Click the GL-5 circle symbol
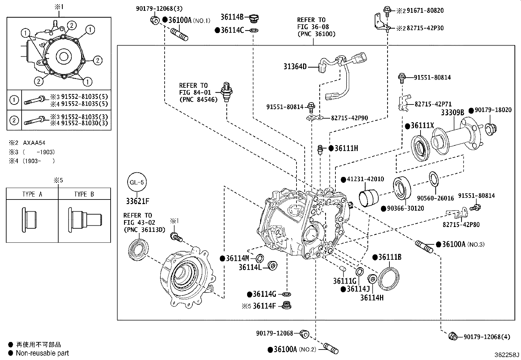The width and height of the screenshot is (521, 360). pyautogui.click(x=137, y=182)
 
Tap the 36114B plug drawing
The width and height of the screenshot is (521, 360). pyautogui.click(x=254, y=19)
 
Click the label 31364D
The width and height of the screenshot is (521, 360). pyautogui.click(x=295, y=67)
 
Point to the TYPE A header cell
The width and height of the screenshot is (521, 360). pyautogui.click(x=32, y=194)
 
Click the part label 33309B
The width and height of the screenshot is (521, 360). pyautogui.click(x=453, y=113)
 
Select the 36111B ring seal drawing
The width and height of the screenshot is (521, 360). pyautogui.click(x=389, y=278)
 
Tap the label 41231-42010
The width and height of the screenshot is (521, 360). pyautogui.click(x=365, y=180)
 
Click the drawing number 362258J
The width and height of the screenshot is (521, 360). pyautogui.click(x=507, y=355)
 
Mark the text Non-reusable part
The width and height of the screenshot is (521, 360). pyautogui.click(x=43, y=353)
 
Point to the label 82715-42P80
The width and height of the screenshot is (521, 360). pyautogui.click(x=461, y=225)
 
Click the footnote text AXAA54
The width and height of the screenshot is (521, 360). pyautogui.click(x=34, y=143)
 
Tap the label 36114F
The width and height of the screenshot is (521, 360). pyautogui.click(x=264, y=306)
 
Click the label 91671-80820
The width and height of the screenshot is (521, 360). pyautogui.click(x=425, y=10)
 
